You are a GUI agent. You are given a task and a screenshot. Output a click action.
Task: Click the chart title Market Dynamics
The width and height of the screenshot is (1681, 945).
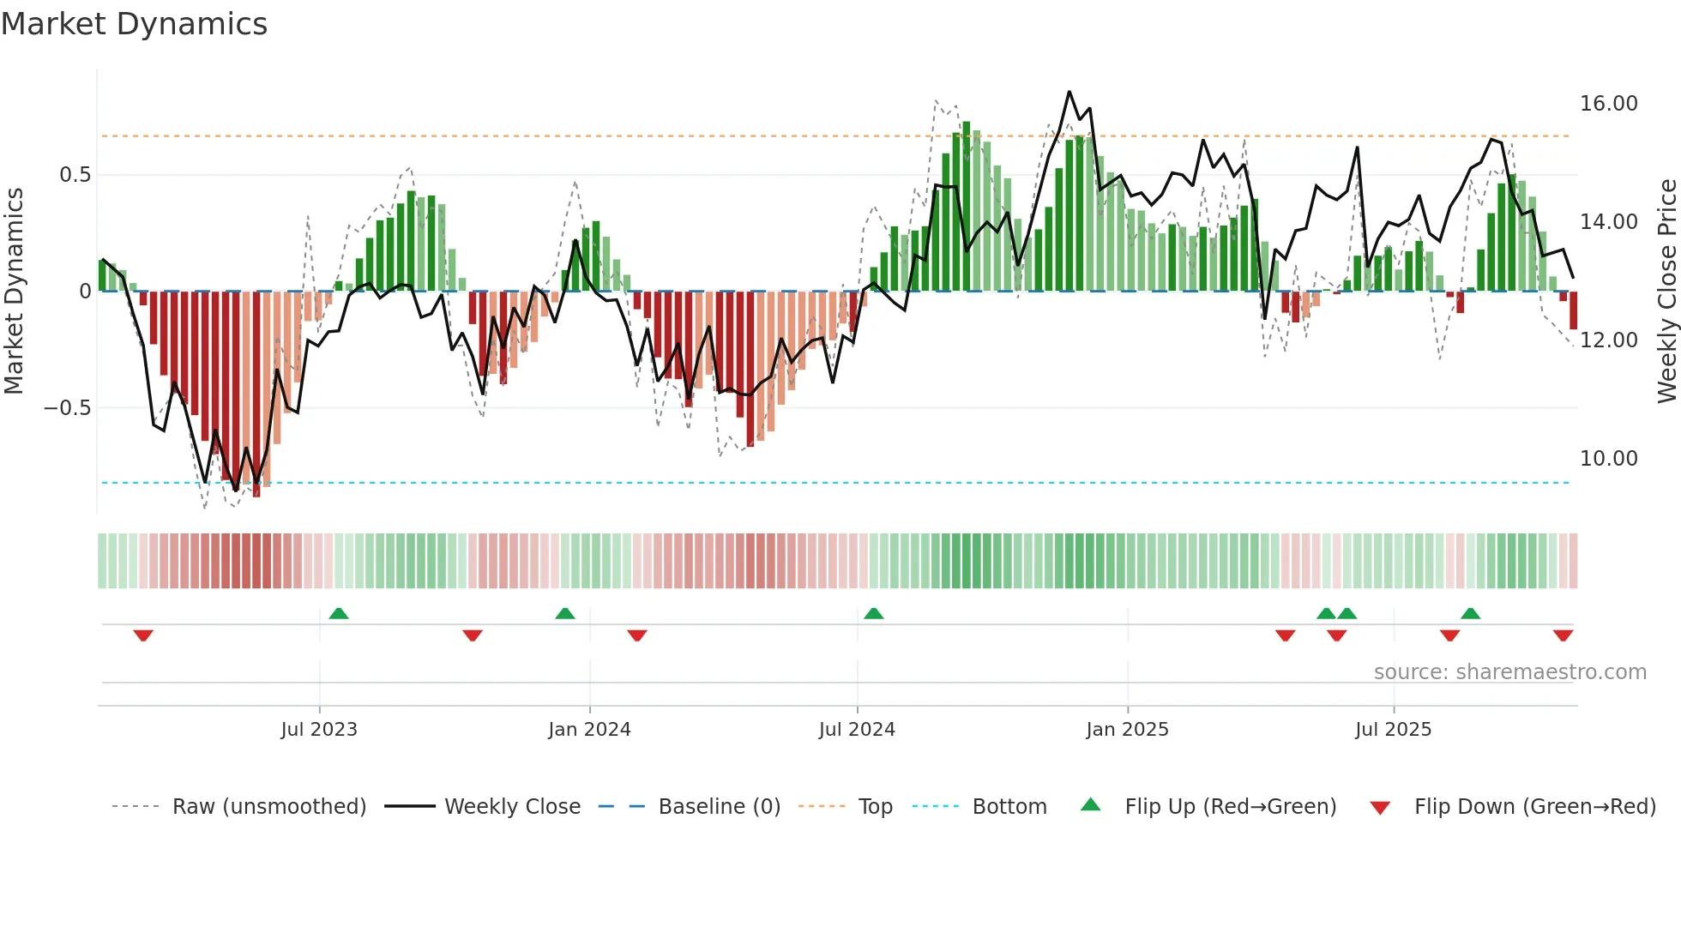(x=134, y=24)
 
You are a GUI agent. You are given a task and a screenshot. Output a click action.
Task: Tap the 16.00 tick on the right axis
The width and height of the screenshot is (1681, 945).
(x=1608, y=104)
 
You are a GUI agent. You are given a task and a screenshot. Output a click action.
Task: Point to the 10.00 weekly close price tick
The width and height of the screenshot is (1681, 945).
(x=1608, y=459)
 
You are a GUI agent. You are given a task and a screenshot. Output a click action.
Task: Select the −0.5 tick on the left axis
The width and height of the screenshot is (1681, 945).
(x=67, y=408)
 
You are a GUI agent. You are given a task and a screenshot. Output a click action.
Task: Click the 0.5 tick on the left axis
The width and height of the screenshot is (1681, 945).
(x=75, y=175)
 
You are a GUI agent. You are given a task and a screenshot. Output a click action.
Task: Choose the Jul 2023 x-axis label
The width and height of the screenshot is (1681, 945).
(x=319, y=730)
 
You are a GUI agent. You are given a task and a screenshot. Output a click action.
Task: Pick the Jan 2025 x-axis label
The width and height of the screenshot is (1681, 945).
(x=1127, y=730)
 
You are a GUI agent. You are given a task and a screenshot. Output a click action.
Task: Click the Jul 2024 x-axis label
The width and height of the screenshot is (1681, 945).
(x=857, y=730)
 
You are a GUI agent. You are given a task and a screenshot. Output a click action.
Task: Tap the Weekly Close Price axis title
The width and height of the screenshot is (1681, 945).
(x=1666, y=292)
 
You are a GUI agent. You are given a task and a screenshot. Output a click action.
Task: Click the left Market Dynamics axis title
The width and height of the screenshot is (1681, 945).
(x=14, y=292)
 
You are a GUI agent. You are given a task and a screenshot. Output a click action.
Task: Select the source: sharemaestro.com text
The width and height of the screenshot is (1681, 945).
(x=1509, y=672)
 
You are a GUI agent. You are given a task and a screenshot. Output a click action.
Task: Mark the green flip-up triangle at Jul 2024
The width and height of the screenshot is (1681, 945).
(x=873, y=613)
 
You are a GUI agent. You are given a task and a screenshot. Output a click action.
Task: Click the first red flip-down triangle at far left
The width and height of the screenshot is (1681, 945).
(x=143, y=635)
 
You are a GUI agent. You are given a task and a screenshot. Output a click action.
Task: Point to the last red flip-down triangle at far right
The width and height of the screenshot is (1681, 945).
(x=1563, y=635)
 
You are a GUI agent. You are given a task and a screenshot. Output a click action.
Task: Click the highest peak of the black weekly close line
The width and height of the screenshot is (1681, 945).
(x=1069, y=92)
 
